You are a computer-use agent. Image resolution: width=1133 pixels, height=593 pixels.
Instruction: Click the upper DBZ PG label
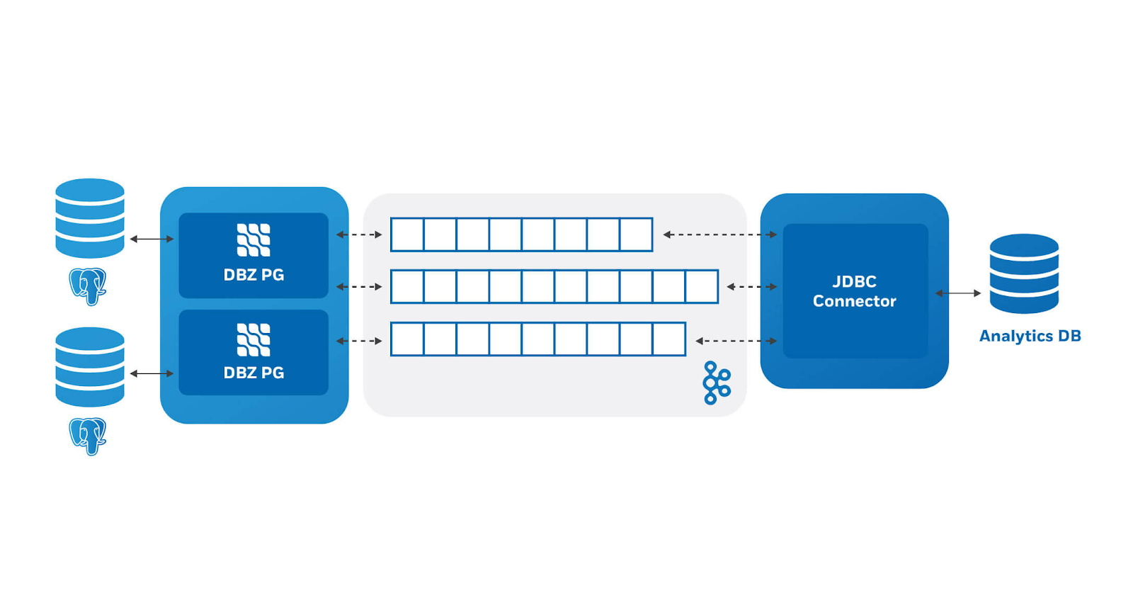pos(254,275)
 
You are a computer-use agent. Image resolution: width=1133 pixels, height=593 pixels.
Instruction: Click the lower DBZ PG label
pos(254,373)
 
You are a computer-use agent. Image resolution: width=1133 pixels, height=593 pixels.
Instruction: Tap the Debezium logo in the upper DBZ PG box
pos(254,239)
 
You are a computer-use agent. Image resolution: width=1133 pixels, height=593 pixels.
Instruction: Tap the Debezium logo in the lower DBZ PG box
pos(254,339)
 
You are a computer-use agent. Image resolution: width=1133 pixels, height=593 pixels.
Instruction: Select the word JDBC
pos(854,281)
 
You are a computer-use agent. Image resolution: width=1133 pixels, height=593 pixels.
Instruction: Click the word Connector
pos(854,301)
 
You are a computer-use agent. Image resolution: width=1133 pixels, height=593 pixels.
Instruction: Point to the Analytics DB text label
pos(1030,336)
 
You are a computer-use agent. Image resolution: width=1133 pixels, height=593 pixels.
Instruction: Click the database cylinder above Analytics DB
pos(1024,274)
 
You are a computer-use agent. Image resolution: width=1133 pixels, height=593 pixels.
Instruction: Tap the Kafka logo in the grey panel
pos(716,383)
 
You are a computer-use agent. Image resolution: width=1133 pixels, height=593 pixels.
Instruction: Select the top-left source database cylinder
pos(90,218)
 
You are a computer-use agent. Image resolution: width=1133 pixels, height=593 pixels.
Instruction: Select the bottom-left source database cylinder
pos(90,367)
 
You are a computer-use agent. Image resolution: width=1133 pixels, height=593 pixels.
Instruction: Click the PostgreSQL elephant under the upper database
pos(88,286)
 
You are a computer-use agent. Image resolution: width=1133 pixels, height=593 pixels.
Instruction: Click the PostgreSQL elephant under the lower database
pos(88,436)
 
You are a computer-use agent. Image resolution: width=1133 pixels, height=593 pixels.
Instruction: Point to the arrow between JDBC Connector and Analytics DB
pos(958,293)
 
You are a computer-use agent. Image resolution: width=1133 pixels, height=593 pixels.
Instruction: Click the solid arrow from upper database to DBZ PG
pos(152,239)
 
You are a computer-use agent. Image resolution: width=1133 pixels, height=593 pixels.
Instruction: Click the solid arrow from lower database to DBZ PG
pos(152,373)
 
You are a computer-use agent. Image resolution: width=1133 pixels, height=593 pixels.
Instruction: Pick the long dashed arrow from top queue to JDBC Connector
pos(719,235)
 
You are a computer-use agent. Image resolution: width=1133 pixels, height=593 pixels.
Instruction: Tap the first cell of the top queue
pos(407,235)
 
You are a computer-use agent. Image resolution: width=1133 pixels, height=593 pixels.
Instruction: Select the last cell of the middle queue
pos(702,287)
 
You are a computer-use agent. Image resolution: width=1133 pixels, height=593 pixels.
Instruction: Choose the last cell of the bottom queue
pos(668,339)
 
